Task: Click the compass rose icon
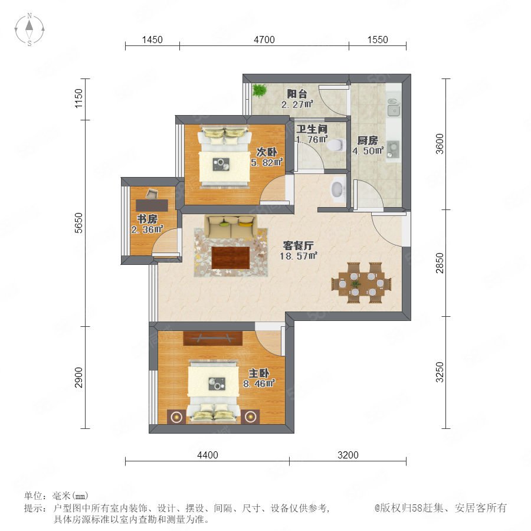[x=29, y=29]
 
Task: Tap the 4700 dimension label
[x=264, y=40]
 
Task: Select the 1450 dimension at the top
[x=152, y=40]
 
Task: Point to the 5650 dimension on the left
[x=78, y=223]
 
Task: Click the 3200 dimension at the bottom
[x=348, y=455]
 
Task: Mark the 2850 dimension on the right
[x=440, y=263]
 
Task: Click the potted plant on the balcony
[x=260, y=90]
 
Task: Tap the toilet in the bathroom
[x=336, y=145]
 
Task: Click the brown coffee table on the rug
[x=231, y=257]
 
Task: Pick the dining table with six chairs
[x=361, y=283]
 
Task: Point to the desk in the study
[x=152, y=205]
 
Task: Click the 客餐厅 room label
[x=299, y=245]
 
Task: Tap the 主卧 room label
[x=259, y=373]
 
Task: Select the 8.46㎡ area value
[x=259, y=383]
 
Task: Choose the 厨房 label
[x=368, y=140]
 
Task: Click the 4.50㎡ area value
[x=368, y=150]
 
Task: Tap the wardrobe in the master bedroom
[x=212, y=338]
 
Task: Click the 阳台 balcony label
[x=297, y=93]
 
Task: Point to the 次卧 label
[x=267, y=152]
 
